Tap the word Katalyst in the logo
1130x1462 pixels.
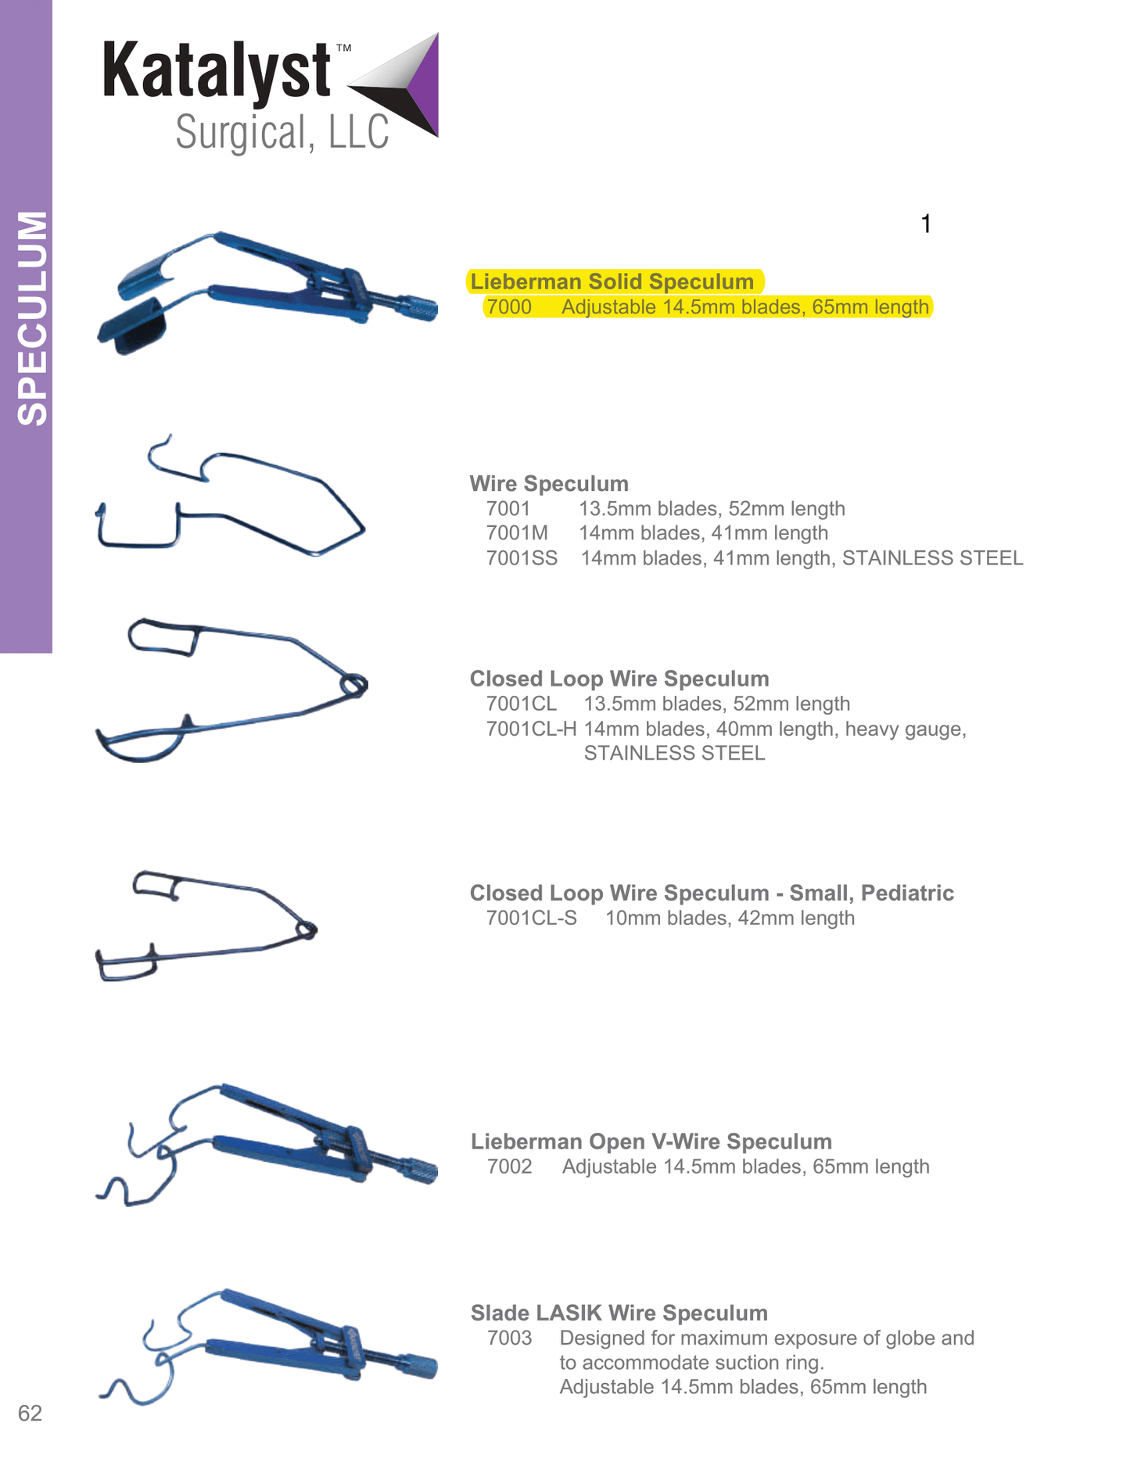217,71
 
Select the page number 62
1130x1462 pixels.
30,1413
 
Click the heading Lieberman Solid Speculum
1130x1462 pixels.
612,281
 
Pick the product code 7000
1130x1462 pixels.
508,306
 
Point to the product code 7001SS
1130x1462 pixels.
522,557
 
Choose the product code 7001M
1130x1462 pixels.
517,532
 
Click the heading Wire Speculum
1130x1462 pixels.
549,483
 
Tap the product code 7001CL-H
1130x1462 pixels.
531,729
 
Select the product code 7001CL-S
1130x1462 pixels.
531,918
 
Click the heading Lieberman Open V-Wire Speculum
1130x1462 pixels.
651,1141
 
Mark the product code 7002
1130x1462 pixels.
509,1166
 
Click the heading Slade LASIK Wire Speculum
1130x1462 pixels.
619,1313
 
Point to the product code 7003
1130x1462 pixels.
509,1338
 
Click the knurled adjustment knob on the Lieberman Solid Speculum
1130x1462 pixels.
418,306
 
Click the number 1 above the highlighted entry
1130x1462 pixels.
926,224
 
